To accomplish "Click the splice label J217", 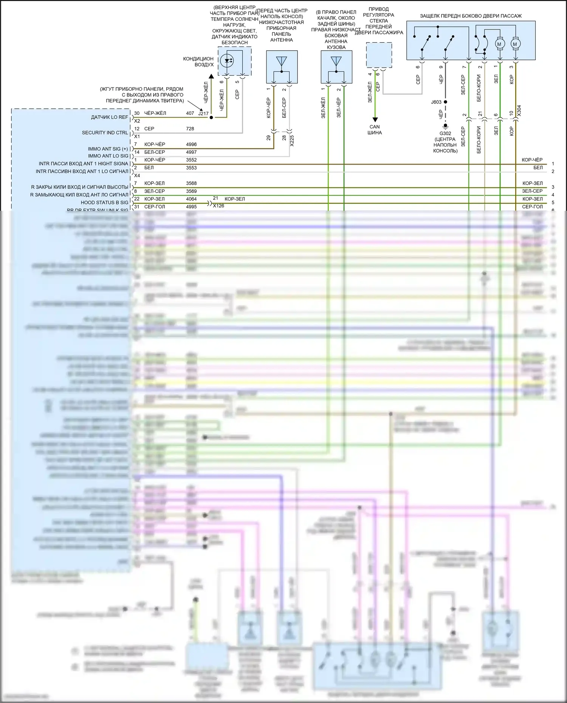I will point(203,113).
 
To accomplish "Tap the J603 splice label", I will point(436,102).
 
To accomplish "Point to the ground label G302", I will point(445,133).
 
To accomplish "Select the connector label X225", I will point(291,141).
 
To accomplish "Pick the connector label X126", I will point(218,206).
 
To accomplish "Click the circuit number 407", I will point(190,113).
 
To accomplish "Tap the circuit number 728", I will point(190,129).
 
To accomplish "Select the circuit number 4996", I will point(191,144).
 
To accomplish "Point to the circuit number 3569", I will point(191,191).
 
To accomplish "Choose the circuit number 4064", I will point(191,199).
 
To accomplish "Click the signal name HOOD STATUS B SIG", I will point(104,202).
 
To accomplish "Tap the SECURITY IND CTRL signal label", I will point(105,133).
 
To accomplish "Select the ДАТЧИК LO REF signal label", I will point(109,117).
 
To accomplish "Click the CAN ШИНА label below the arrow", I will point(375,130).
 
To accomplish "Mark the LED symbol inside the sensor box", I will point(227,60).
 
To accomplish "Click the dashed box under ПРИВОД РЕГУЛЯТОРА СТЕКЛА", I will point(379,55).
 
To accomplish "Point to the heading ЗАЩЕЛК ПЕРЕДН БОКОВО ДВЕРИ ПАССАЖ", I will point(471,16).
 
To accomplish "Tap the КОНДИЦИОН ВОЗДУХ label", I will point(198,62).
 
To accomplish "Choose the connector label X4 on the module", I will point(137,176).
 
